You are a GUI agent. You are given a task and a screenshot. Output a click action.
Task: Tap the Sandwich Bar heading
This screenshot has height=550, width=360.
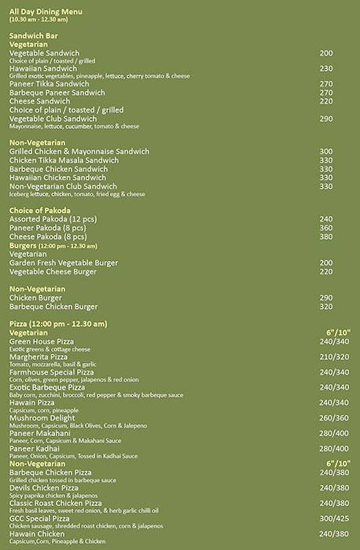[33, 36]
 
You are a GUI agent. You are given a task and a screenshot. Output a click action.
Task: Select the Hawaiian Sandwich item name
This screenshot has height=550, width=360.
[42, 68]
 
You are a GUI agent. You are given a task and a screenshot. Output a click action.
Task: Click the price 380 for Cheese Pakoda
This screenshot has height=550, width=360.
[326, 236]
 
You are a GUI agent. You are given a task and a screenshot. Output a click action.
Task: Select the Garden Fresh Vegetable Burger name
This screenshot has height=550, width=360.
[62, 262]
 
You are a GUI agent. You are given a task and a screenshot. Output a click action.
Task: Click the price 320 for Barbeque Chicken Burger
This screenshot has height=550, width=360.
[326, 306]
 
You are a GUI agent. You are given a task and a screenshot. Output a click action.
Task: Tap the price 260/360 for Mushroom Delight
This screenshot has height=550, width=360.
[334, 418]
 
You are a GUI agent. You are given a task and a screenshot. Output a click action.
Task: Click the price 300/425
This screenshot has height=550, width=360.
[334, 519]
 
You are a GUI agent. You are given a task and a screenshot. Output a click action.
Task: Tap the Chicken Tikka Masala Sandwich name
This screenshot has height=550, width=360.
[65, 159]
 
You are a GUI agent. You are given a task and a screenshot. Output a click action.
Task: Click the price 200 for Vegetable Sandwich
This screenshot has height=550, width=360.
[326, 52]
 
